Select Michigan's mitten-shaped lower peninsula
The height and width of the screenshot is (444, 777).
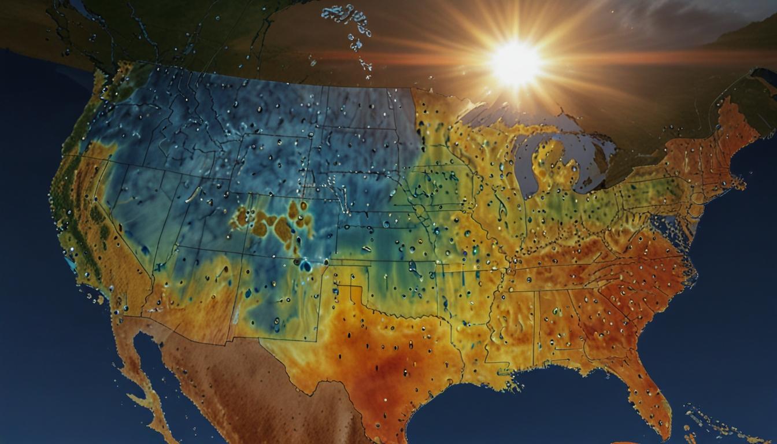tap(552, 168)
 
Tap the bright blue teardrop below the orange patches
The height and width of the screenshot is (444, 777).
tap(305, 265)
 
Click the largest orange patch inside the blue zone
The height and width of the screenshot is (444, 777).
tap(283, 230)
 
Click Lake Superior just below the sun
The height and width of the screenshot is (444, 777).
tap(491, 116)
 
